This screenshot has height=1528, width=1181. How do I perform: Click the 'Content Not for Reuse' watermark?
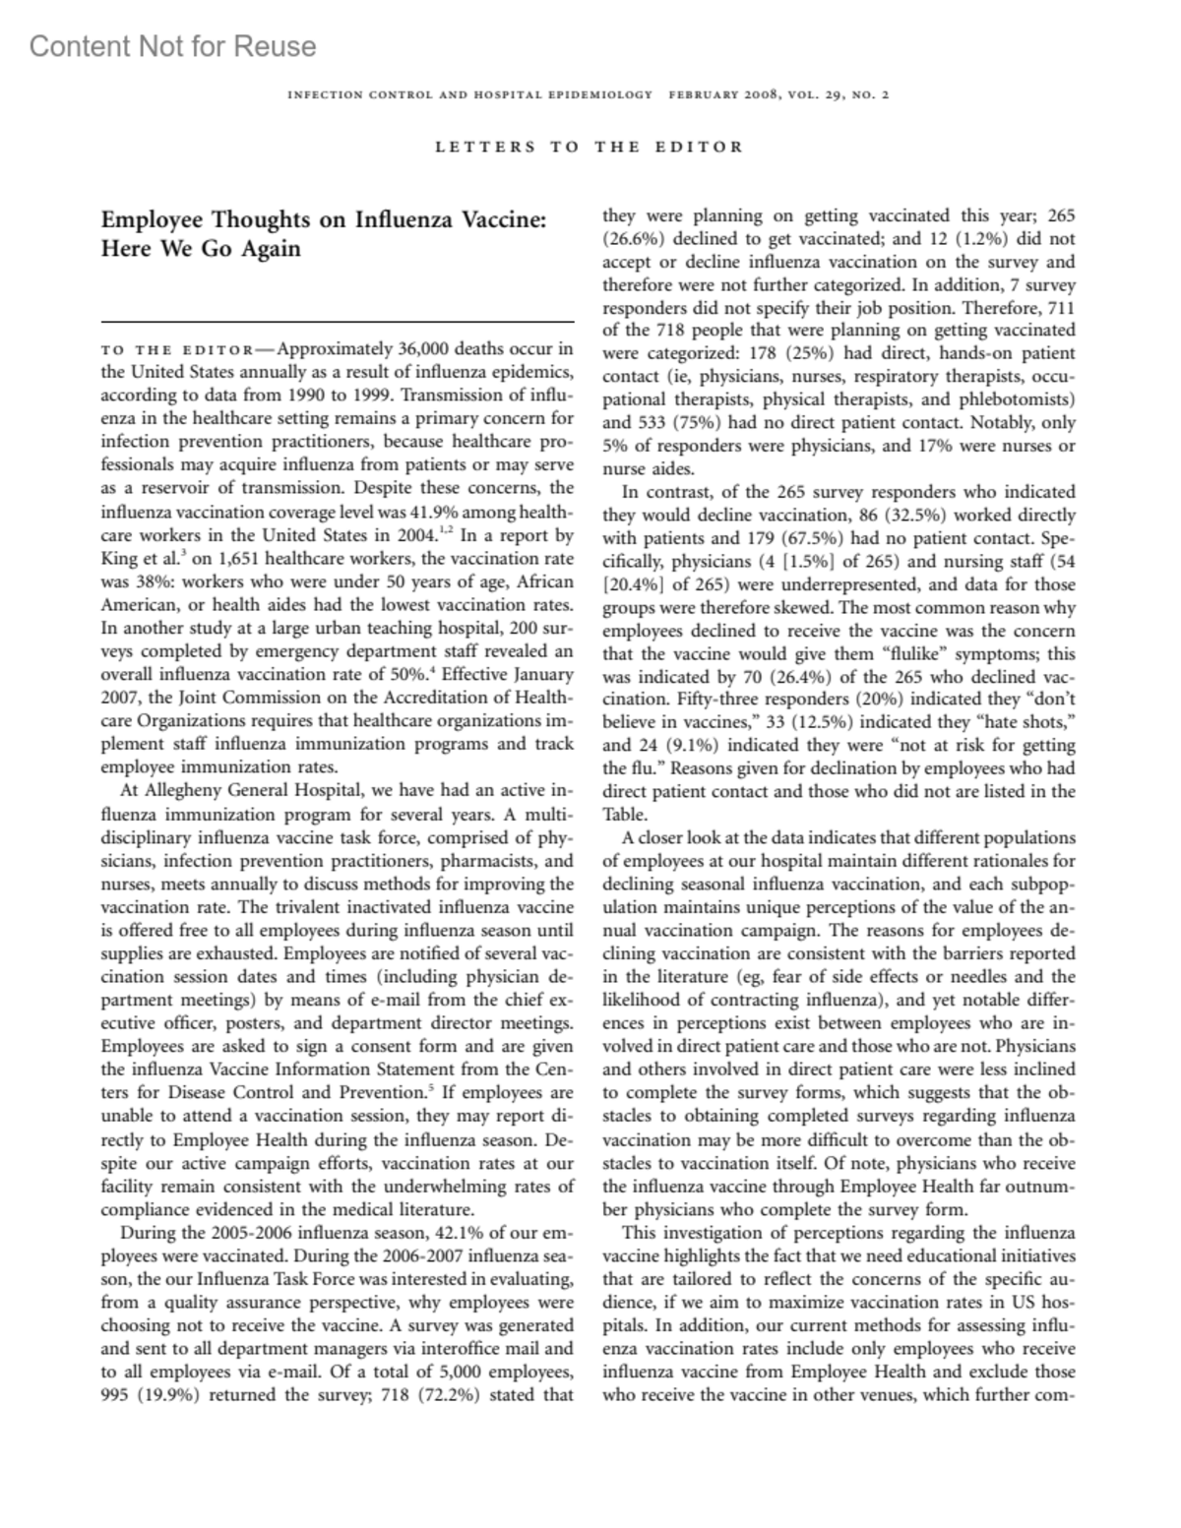pos(172,46)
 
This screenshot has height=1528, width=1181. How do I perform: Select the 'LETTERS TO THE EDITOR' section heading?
pos(589,147)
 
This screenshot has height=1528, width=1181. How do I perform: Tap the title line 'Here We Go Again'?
pos(201,248)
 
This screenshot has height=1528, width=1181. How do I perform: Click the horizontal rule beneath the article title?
pos(338,322)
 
